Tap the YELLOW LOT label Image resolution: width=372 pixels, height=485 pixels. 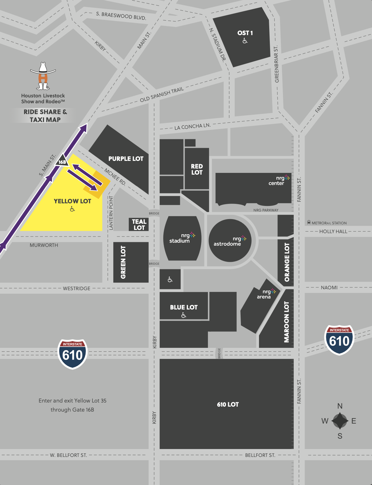[72, 201]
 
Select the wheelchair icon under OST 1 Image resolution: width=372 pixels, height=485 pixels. [245, 41]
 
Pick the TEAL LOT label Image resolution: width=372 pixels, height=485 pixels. [139, 225]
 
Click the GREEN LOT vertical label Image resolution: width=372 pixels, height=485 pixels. [123, 262]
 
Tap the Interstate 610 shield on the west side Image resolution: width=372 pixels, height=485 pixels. [72, 354]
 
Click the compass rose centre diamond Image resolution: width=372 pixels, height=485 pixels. [340, 421]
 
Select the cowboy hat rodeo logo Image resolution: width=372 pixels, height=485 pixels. [43, 76]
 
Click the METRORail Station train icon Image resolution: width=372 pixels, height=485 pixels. [309, 222]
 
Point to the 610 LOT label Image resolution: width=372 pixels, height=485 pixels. [228, 404]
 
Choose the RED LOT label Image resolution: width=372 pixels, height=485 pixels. [197, 169]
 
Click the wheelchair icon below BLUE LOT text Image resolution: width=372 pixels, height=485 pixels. [184, 315]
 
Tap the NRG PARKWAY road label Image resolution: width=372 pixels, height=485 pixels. [266, 210]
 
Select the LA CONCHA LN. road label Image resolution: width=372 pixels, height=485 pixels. [192, 126]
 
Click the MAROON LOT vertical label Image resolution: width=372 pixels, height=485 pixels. [286, 322]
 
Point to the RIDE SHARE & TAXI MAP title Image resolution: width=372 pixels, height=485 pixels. [45, 116]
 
